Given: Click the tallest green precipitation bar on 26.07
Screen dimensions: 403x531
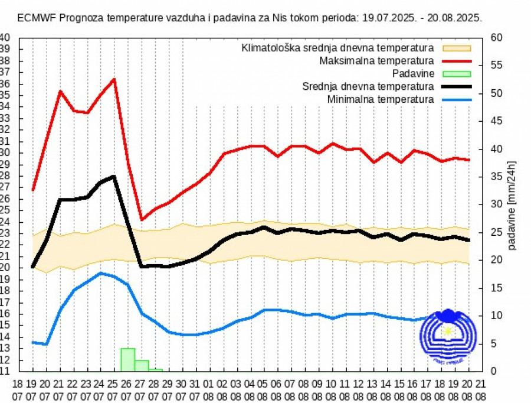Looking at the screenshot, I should [x=127, y=360].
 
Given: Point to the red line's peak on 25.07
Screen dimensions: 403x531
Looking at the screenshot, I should [x=114, y=79].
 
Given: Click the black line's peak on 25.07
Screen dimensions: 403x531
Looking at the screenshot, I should [x=114, y=176].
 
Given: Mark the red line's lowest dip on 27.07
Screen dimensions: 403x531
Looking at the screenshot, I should [x=142, y=220].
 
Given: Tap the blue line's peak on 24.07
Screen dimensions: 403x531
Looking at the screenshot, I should [x=101, y=273].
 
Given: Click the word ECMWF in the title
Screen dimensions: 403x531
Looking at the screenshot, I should [x=34, y=18].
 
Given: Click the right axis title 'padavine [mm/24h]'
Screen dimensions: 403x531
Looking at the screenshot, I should [x=512, y=204].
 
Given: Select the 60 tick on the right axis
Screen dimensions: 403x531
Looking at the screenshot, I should [x=496, y=37].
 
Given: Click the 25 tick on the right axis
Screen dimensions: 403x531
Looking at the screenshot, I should [x=496, y=232].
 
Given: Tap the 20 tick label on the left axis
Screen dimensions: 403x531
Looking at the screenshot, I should [x=5, y=267].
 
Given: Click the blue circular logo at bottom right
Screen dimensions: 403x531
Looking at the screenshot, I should [x=447, y=337].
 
